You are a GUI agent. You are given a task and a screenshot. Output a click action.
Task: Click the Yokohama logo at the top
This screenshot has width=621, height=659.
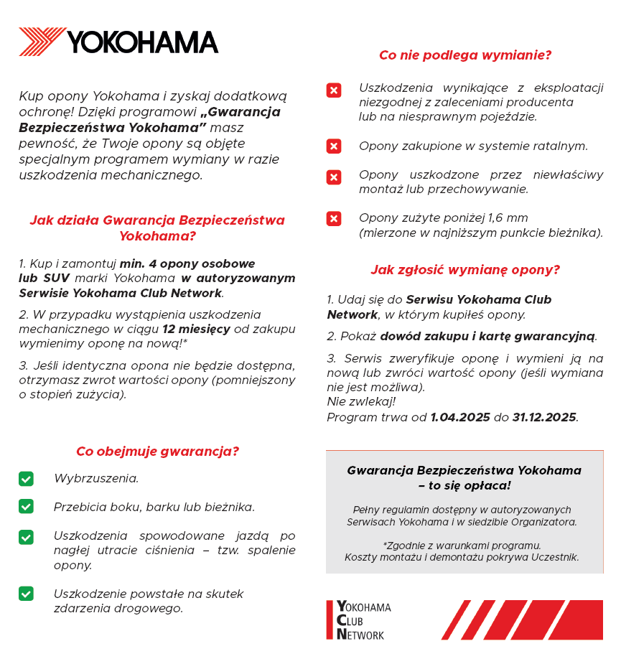click(x=118, y=42)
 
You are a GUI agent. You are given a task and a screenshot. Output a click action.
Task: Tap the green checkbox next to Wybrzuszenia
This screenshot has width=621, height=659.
click(x=26, y=478)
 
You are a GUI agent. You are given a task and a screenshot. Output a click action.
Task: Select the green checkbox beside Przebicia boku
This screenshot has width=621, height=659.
click(x=26, y=507)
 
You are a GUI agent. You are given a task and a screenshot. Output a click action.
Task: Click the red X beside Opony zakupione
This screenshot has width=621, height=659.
click(x=334, y=146)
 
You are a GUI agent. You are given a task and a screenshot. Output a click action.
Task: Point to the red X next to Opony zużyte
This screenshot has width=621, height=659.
click(x=334, y=219)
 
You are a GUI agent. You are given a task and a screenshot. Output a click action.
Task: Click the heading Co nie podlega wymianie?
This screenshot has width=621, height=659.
click(x=465, y=55)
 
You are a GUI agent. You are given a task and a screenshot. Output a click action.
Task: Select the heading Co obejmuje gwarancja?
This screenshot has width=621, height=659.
click(x=157, y=452)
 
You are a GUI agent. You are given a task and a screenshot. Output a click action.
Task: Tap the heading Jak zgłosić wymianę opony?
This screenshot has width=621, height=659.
click(x=465, y=270)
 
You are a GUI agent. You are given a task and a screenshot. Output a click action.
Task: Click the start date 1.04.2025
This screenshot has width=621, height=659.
click(x=460, y=417)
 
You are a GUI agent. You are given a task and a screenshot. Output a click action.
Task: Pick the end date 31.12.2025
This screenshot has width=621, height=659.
click(x=544, y=417)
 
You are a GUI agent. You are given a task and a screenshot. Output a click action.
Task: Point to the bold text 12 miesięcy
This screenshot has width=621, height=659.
click(x=196, y=329)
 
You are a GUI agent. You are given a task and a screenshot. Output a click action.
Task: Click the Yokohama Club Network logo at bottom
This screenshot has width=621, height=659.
click(x=359, y=620)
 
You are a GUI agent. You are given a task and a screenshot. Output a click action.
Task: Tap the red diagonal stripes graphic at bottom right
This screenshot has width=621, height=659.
click(x=522, y=620)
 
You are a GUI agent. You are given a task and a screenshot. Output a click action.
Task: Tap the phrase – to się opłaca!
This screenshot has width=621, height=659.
click(x=464, y=485)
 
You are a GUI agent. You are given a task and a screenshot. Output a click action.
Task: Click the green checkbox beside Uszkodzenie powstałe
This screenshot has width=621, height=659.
click(x=26, y=594)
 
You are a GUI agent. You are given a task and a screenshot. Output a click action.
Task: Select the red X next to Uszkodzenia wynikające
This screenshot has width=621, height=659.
click(x=334, y=90)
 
